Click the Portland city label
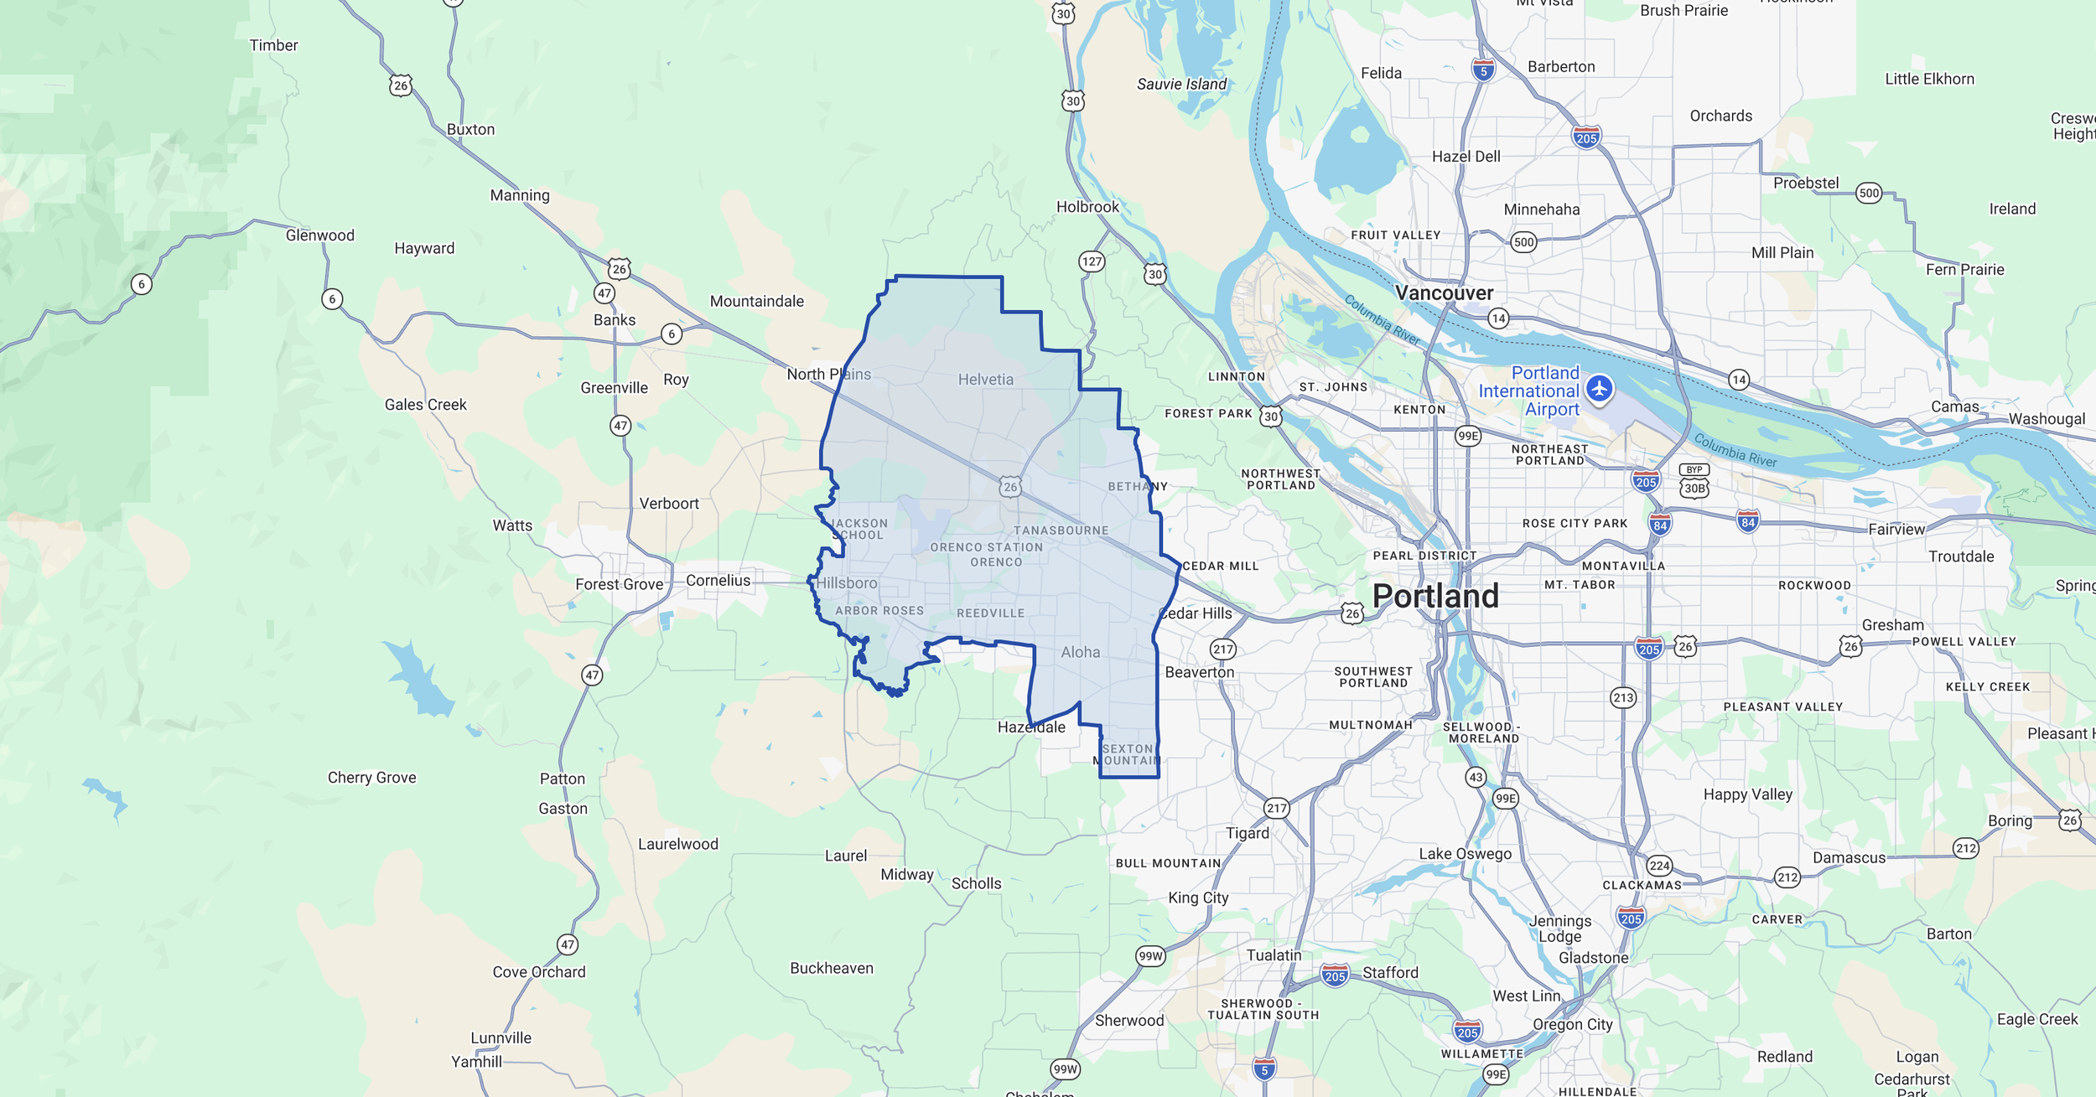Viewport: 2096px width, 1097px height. pos(1435,596)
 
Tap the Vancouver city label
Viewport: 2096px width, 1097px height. pos(1444,293)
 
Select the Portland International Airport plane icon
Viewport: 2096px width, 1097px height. pos(1600,389)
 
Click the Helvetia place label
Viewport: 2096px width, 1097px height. pos(985,380)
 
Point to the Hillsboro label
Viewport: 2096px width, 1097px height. pos(847,583)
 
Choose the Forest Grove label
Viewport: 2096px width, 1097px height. pos(619,584)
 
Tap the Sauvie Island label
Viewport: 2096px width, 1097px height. pos(1181,84)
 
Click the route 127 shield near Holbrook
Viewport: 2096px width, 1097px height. pos(1092,261)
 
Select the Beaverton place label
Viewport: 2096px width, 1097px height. pos(1200,672)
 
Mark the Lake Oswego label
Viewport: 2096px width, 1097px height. pos(1465,854)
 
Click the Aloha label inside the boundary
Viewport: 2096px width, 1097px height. pos(1080,652)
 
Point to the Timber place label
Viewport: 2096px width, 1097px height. pos(273,45)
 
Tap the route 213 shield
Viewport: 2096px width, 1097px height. pos(1623,697)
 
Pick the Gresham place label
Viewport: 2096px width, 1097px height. pos(1892,625)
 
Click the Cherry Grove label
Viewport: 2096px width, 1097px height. pos(371,778)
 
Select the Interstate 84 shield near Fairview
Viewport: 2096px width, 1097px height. pos(1747,522)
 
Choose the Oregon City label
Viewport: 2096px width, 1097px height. pos(1572,1024)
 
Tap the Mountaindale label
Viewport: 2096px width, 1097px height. pos(756,302)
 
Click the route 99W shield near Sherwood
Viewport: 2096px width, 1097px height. pos(1065,1069)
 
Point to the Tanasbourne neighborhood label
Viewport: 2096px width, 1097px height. pos(1061,530)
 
